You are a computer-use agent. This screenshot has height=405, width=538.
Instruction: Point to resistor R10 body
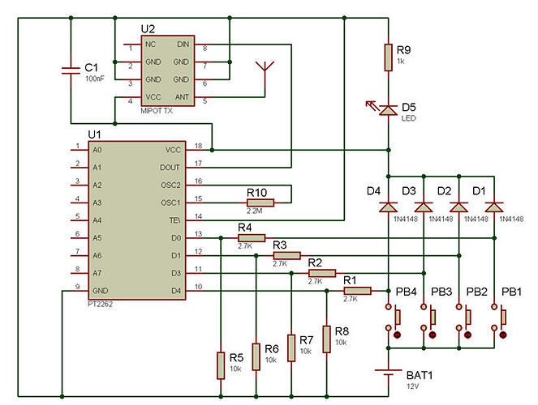pyautogui.click(x=260, y=202)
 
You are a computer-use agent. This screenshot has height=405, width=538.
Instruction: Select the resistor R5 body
pyautogui.click(x=220, y=365)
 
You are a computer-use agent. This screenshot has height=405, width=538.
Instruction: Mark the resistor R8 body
pyautogui.click(x=326, y=339)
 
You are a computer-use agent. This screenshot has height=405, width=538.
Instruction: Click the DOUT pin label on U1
pyautogui.click(x=170, y=167)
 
